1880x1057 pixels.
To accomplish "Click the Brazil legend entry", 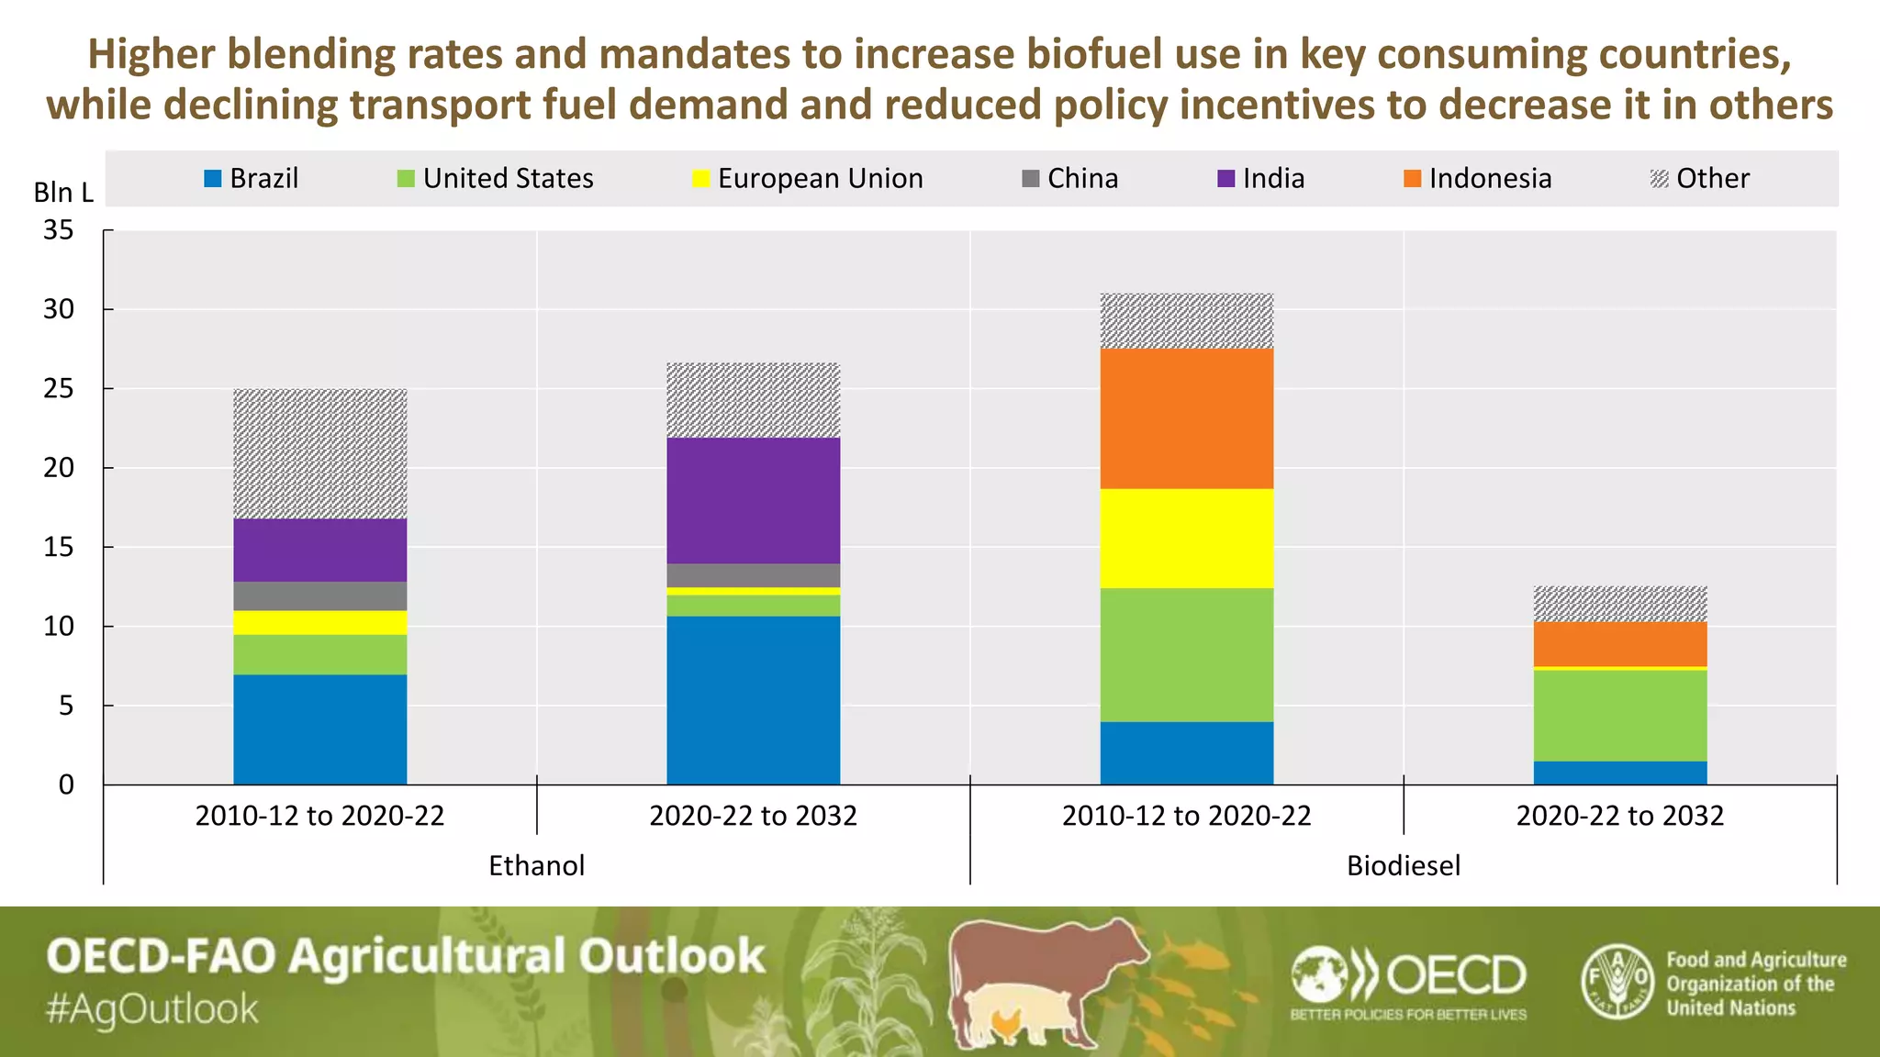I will pyautogui.click(x=252, y=178).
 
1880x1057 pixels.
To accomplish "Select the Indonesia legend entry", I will pyautogui.click(x=1478, y=178).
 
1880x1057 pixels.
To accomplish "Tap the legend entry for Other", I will pyautogui.click(x=1700, y=178).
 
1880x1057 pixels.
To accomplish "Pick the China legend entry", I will pyautogui.click(x=1070, y=178).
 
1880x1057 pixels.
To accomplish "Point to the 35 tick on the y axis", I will pyautogui.click(x=59, y=230).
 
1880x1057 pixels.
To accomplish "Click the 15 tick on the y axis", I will pyautogui.click(x=59, y=548).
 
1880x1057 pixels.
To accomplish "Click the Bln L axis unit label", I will pyautogui.click(x=63, y=193).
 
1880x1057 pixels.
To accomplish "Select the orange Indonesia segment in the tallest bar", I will pyautogui.click(x=1186, y=418).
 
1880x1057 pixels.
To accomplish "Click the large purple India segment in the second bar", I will pyautogui.click(x=753, y=500).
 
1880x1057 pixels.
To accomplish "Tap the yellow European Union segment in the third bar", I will pyautogui.click(x=1186, y=539).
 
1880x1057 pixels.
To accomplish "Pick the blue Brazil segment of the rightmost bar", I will pyautogui.click(x=1619, y=773).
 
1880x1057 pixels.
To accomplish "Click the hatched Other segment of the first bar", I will pyautogui.click(x=319, y=454).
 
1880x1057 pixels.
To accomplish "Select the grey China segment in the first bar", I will pyautogui.click(x=319, y=595).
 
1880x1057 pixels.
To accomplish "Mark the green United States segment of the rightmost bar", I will pyautogui.click(x=1619, y=716).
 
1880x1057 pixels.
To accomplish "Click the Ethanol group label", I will pyautogui.click(x=536, y=865).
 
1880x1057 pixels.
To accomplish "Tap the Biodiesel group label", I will pyautogui.click(x=1403, y=865).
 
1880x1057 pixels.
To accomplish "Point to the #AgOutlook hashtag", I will pyautogui.click(x=152, y=1009).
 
